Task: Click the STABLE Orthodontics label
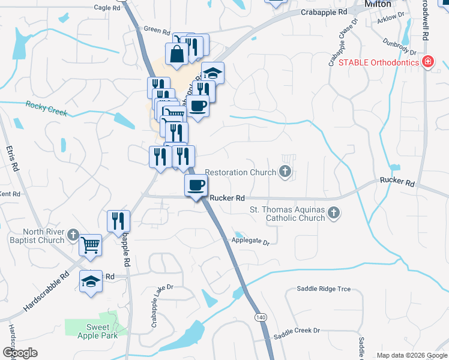tap(379, 62)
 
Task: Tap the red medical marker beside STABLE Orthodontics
tap(427, 62)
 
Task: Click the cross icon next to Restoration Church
tap(285, 173)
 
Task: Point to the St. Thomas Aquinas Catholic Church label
tap(287, 214)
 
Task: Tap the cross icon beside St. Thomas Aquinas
tap(334, 212)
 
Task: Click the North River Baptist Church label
tap(43, 236)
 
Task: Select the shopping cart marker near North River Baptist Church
tap(90, 244)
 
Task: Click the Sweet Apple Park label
tap(97, 331)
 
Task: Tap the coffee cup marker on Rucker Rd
tap(196, 186)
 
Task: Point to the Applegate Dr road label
tap(250, 242)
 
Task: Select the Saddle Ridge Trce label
tap(324, 289)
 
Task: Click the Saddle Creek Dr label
tap(297, 331)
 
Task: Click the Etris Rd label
tap(10, 159)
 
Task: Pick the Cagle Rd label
tap(108, 7)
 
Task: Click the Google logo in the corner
tap(20, 353)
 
